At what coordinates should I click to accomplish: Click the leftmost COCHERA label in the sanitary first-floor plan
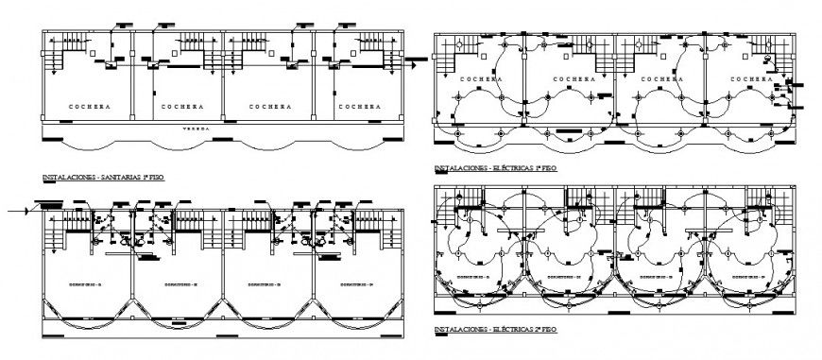tap(90, 107)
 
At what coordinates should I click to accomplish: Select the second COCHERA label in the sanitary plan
tap(176, 107)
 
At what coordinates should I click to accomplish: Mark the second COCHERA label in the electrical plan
tap(574, 79)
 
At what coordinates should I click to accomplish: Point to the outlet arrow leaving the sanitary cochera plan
tap(415, 60)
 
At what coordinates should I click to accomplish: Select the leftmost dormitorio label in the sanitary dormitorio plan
tap(85, 283)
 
